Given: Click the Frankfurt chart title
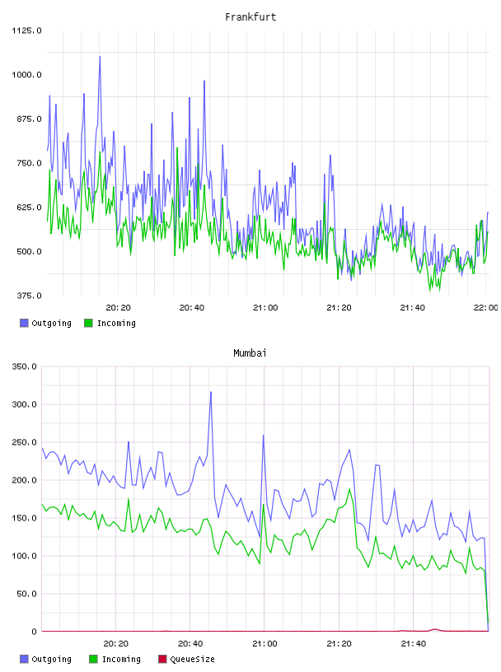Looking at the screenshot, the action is click(250, 17).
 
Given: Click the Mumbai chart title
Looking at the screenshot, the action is click(250, 353).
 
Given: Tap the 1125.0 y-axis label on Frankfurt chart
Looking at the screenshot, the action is click(26, 30).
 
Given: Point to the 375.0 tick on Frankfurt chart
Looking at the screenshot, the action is click(29, 296).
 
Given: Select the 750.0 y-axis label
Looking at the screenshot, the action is click(29, 163).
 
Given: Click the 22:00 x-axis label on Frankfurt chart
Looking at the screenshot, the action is click(486, 308).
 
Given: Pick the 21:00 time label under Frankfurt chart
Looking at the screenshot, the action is click(265, 308).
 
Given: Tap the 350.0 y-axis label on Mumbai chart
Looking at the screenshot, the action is click(24, 366).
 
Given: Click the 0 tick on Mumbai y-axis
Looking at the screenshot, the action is click(34, 632).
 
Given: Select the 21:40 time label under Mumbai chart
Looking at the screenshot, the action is click(414, 644).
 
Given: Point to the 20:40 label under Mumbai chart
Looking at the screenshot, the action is click(190, 644).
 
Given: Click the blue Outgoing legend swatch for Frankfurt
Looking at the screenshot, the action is click(24, 323).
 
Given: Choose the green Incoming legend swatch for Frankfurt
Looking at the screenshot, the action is click(88, 323).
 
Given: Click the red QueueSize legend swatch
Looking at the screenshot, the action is click(162, 659).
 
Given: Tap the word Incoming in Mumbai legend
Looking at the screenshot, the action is click(121, 660).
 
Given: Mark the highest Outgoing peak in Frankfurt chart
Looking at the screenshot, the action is click(100, 56).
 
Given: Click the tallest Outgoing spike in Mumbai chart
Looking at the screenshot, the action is click(211, 392).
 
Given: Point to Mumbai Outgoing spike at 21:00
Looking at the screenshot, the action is click(264, 436).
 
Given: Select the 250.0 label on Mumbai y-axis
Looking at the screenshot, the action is click(24, 442).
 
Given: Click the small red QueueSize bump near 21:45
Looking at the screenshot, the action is click(435, 629).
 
